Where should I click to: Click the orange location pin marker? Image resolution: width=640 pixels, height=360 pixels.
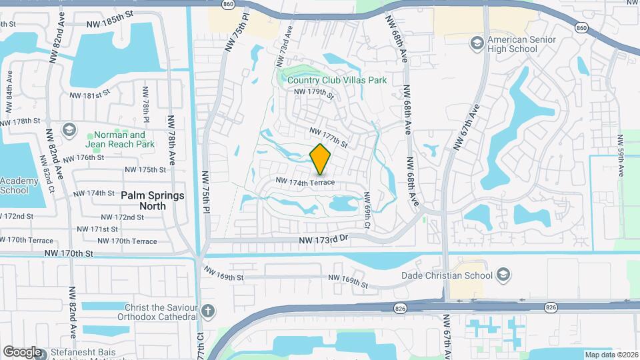click(x=321, y=159)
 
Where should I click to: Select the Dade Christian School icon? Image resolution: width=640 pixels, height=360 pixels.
click(x=504, y=275)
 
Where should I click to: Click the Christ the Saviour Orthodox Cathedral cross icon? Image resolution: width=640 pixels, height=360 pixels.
click(x=208, y=311)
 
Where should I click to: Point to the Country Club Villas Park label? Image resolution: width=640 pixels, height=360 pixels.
click(x=337, y=80)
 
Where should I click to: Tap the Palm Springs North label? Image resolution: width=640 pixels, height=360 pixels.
click(x=153, y=201)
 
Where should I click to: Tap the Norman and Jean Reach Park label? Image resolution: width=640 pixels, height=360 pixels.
click(x=120, y=139)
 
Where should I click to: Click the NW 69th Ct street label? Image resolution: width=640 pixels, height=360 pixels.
click(x=366, y=211)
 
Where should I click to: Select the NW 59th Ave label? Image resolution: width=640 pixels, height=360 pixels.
click(x=621, y=155)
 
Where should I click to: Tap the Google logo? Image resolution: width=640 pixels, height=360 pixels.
click(x=22, y=351)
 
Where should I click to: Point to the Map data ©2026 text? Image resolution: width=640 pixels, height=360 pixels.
click(x=611, y=355)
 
